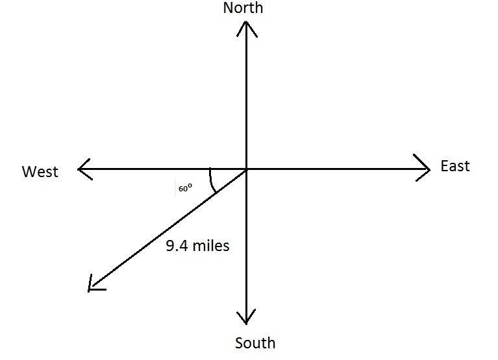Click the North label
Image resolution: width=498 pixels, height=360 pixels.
[243, 8]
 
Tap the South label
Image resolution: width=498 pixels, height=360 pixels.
[255, 343]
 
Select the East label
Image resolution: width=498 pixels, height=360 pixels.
[454, 166]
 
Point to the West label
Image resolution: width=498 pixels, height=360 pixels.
[40, 172]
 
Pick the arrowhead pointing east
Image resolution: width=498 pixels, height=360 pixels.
[425, 169]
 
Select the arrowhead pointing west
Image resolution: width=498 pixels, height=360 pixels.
[82, 169]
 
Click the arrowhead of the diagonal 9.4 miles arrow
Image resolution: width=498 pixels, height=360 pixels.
[92, 286]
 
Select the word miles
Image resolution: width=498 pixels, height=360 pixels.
[210, 246]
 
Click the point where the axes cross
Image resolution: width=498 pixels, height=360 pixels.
[246, 169]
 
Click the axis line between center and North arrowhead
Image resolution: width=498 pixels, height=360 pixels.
[246, 97]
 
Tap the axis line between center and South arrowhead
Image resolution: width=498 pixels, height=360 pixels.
[246, 246]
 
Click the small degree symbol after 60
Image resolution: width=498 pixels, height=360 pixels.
[190, 186]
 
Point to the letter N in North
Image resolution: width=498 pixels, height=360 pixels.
[228, 8]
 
